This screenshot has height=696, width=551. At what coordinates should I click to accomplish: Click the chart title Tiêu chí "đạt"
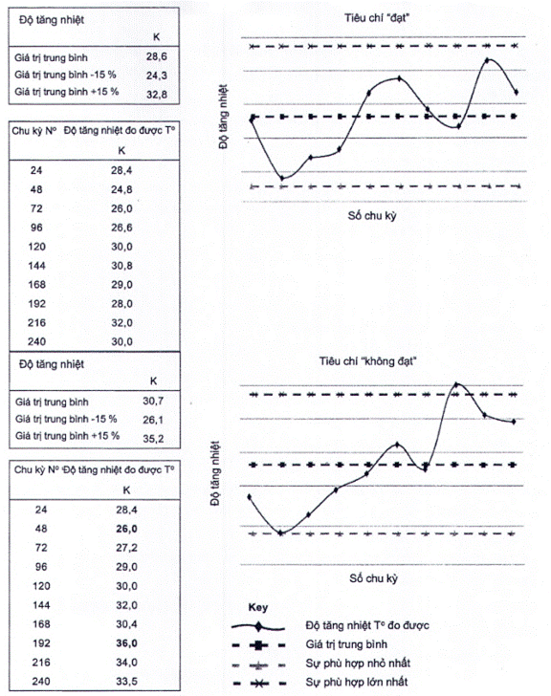point(377,18)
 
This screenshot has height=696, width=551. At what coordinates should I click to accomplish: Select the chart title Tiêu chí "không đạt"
point(367,361)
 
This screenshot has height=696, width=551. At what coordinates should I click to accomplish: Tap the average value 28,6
point(157,56)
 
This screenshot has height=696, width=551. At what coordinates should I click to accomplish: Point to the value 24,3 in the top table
point(157,76)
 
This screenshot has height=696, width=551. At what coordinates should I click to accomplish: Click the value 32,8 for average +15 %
point(157,94)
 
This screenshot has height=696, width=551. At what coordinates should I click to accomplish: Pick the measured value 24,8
point(121,190)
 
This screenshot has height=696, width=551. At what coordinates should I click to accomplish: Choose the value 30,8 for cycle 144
point(121,266)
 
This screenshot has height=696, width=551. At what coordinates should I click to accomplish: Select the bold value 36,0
point(126,643)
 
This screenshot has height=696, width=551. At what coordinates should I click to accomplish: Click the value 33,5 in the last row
point(126,681)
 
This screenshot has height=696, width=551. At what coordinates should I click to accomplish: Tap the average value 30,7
point(153,401)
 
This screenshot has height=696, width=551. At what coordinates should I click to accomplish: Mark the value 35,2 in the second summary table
point(153,439)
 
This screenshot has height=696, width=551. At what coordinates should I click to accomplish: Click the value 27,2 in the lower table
point(126,548)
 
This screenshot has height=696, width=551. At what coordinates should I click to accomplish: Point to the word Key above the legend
point(258,607)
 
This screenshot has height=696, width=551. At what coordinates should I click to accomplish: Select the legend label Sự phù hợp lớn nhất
point(357,682)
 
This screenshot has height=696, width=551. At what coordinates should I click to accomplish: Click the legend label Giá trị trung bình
point(346,644)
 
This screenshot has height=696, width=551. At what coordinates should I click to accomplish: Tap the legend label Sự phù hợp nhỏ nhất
point(358,663)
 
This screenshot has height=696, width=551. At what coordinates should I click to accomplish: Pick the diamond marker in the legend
point(258,627)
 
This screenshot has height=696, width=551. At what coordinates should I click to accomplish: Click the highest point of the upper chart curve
point(488,59)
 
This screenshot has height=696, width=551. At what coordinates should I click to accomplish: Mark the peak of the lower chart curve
point(457,383)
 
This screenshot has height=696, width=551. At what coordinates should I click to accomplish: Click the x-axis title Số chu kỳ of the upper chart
point(372,216)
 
